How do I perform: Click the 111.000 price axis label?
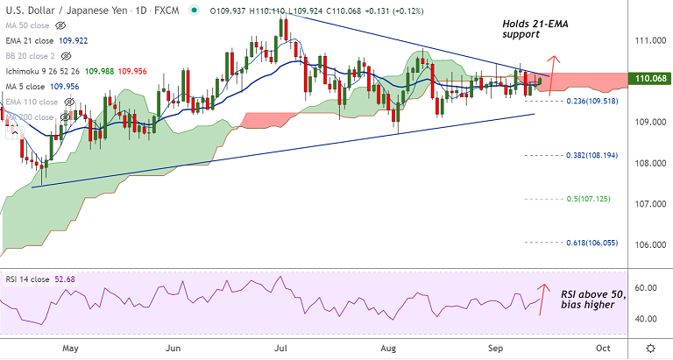point(648,41)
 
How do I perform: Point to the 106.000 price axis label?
point(648,244)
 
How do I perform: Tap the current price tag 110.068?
point(650,80)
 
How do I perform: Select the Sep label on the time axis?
point(494,347)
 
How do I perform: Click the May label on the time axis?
point(70,347)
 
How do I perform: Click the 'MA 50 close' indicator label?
point(27,25)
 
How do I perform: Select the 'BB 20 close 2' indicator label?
point(32,55)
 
